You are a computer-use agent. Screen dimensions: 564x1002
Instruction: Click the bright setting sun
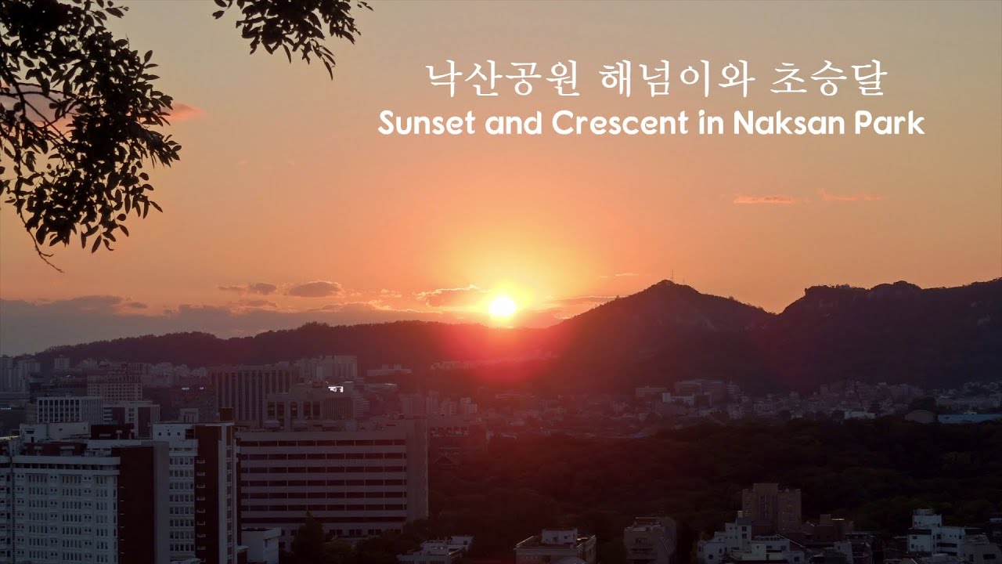pos(502,306)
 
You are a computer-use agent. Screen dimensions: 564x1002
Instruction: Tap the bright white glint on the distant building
pos(336,389)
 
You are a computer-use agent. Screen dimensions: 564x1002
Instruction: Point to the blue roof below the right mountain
pos(969,418)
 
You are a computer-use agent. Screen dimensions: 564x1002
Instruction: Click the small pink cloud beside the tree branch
pos(185,111)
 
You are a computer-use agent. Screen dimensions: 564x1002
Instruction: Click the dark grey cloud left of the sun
pos(314,289)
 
